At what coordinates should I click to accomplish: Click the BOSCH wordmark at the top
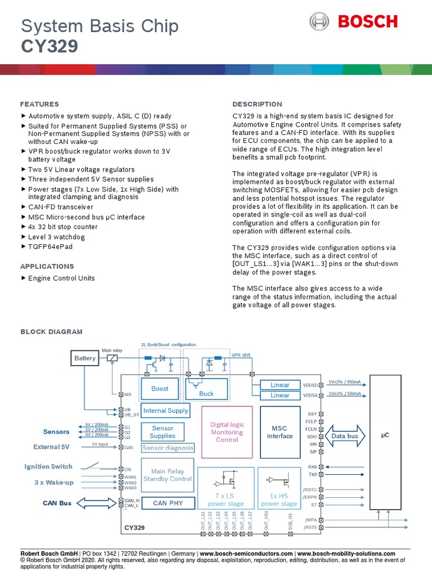pos(367,22)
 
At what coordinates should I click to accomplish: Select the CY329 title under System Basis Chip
pos(49,47)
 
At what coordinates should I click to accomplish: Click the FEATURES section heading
pos(39,104)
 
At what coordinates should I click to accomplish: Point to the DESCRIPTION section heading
pos(257,104)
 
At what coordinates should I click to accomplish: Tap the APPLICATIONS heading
pos(47,266)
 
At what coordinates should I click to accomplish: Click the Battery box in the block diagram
pos(85,358)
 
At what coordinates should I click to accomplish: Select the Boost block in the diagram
pos(160,389)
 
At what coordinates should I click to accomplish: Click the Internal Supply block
pos(166,411)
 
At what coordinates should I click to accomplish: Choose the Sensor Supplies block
pos(163,432)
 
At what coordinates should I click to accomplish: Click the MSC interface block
pos(280,432)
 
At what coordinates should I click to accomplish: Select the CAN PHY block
pos(168,503)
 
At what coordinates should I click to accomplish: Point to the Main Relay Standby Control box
pos(168,475)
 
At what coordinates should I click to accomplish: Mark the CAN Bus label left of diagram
pos(57,503)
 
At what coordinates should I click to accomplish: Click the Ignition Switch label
pos(48,466)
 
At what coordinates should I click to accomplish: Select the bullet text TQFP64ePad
pos(50,246)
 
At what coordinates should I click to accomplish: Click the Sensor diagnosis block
pos(168,448)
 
